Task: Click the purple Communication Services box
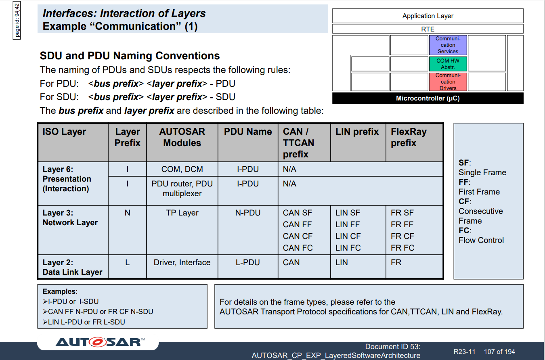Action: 448,45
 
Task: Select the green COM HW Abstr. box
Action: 448,64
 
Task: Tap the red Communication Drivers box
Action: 448,82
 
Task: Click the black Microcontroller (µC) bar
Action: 428,98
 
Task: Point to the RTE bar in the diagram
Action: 428,29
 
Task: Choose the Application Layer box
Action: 428,16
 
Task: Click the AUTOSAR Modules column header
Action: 182,137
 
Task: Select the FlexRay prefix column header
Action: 409,137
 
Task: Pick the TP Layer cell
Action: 182,213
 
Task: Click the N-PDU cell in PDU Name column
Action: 248,213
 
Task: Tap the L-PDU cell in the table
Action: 248,262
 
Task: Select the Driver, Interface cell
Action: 182,262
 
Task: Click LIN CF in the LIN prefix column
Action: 348,236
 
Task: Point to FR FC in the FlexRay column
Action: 402,248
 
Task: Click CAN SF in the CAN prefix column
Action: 297,213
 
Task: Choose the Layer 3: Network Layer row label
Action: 70,218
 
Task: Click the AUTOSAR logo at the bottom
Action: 100,342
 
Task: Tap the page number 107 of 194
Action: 499,352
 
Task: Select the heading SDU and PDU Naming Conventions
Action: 130,56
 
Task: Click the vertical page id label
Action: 17,20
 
